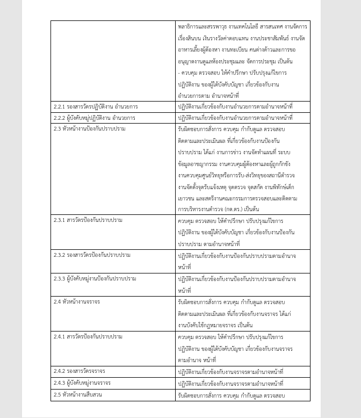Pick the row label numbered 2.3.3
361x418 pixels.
pos(95,278)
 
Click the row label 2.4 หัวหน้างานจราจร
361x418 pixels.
pos(76,301)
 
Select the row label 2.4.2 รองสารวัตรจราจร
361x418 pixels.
pos(79,371)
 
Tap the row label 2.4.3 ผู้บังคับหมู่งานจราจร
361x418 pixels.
pos(82,383)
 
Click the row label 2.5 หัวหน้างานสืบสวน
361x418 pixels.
pos(77,395)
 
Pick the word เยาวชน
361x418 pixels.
pos(187,198)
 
